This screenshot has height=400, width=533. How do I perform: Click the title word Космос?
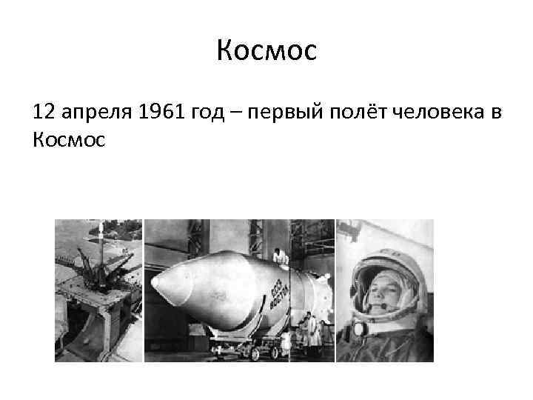point(266,51)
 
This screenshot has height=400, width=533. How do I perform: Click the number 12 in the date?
point(44,113)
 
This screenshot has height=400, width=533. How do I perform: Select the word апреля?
point(93,113)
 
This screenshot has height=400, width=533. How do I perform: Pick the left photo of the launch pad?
point(98,290)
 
